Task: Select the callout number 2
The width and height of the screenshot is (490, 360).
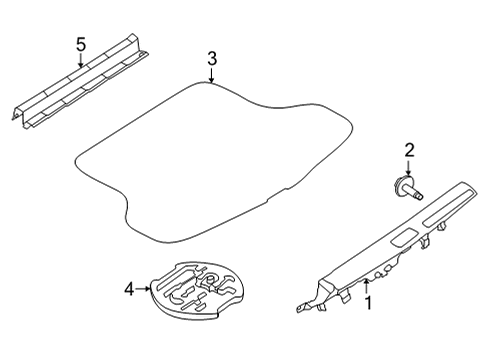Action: point(409,151)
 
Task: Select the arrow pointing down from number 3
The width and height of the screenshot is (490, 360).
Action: point(212,77)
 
